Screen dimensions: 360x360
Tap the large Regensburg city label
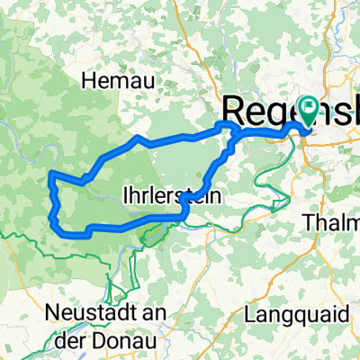tap(270, 111)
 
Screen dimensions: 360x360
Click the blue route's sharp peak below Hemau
tap(137, 138)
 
